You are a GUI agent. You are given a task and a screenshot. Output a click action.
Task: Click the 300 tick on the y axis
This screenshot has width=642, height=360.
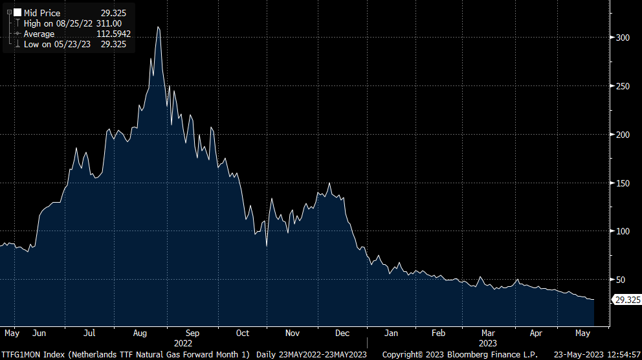coord(622,38)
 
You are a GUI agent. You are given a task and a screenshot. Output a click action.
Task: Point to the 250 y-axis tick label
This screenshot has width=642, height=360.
coord(622,86)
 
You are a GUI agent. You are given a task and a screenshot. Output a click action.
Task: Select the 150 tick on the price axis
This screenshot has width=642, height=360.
coord(622,183)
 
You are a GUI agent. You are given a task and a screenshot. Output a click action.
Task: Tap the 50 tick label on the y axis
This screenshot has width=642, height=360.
coord(620,280)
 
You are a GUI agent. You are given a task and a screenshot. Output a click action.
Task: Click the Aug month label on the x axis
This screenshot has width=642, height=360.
coord(140,333)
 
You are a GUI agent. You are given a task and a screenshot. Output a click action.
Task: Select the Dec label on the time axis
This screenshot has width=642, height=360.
coord(342,333)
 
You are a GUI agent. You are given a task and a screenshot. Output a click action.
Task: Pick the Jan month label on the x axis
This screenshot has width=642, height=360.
coord(390,333)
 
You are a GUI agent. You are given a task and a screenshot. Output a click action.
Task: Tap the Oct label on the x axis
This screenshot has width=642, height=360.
coord(242,333)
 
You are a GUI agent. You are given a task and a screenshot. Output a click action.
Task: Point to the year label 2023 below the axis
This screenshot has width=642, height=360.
coord(488,343)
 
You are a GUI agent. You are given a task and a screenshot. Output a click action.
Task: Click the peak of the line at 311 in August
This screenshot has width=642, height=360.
coord(158,27)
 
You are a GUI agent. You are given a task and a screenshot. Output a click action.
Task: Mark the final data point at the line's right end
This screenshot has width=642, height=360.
coord(593,300)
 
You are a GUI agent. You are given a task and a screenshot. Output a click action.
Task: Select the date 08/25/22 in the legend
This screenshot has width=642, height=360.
coord(67,23)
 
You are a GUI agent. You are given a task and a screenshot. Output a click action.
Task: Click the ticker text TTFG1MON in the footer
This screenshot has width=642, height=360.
coord(21,354)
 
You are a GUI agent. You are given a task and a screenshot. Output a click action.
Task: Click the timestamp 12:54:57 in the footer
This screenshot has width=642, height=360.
coord(620,354)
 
